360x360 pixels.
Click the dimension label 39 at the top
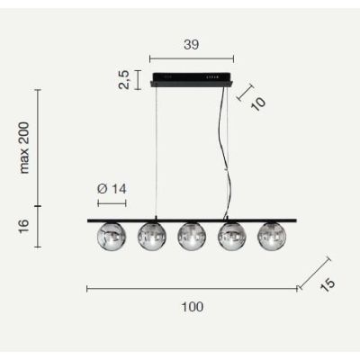pos(192,43)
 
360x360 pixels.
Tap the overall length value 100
pos(191,306)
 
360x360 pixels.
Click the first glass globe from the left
pos(111,236)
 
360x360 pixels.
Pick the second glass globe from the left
pos(151,236)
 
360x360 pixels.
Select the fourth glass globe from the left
pos(231,236)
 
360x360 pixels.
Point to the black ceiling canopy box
pos(193,78)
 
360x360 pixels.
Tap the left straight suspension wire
pos(158,153)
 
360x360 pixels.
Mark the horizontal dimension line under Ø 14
pos(111,203)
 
